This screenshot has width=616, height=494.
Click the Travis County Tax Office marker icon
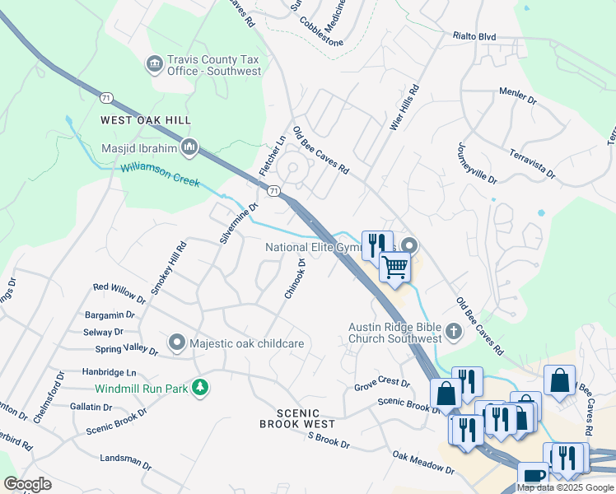154,64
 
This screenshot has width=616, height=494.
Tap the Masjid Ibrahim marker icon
189,147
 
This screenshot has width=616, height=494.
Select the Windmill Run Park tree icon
198,387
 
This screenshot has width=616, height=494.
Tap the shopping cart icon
395,267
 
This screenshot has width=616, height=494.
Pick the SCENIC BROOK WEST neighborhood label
297,418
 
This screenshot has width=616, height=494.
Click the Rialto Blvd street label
474,36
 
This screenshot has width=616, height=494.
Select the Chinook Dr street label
295,279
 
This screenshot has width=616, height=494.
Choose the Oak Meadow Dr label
423,462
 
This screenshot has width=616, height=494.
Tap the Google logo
27,484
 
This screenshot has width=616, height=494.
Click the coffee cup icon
534,475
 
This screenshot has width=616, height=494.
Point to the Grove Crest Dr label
381,382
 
